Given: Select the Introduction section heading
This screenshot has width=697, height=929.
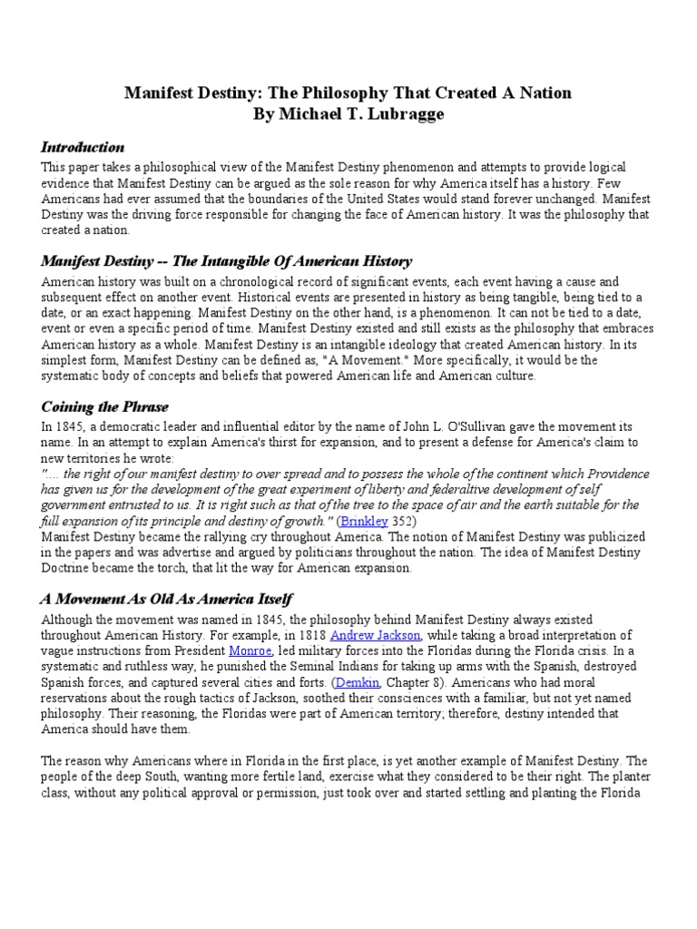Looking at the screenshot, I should click(x=83, y=147).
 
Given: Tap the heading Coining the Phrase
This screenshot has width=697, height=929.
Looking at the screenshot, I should click(x=104, y=406).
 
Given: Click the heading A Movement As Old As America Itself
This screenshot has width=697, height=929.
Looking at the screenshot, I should click(x=166, y=599).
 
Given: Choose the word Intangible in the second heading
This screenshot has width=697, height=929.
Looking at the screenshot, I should click(x=231, y=260).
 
